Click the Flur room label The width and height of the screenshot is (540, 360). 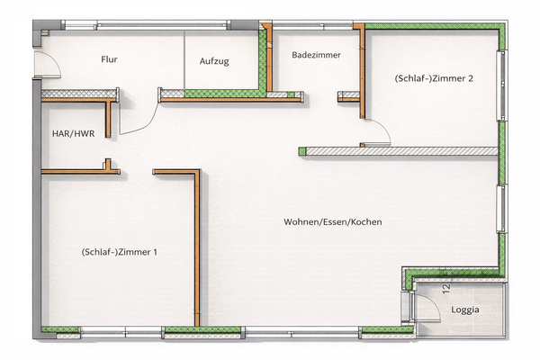pos(110,60)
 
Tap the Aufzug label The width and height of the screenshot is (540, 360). pos(213,61)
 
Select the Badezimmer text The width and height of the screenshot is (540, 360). pos(316,55)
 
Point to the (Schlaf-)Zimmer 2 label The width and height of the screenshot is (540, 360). pos(434,78)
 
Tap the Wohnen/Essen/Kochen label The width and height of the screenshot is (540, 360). pos(333,221)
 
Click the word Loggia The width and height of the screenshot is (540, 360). pos(464,310)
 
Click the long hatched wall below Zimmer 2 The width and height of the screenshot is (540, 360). pos(400,151)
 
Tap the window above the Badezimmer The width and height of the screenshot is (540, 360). pos(314,24)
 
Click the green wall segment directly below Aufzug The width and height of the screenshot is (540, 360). pos(216,92)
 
